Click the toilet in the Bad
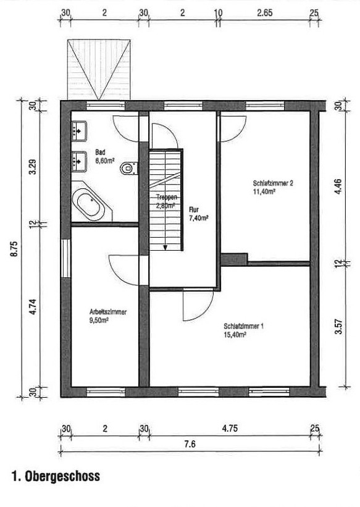pos(128,168)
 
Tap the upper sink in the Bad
pos(79,131)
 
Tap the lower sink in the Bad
pos(79,161)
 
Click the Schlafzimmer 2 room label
pos(273,183)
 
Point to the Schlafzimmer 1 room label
pos(243,326)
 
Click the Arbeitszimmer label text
pos(107,312)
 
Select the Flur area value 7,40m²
pos(198,218)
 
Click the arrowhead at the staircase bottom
pos(165,248)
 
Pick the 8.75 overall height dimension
pos(15,248)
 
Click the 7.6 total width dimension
pos(190,444)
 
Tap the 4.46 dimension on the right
pos(338,186)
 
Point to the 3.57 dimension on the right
pos(338,327)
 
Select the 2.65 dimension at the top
pos(264,13)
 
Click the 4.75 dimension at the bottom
pos(230,429)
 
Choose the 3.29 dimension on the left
pos(32,167)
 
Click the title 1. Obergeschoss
pos(56,476)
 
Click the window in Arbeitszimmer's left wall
pos(66,258)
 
